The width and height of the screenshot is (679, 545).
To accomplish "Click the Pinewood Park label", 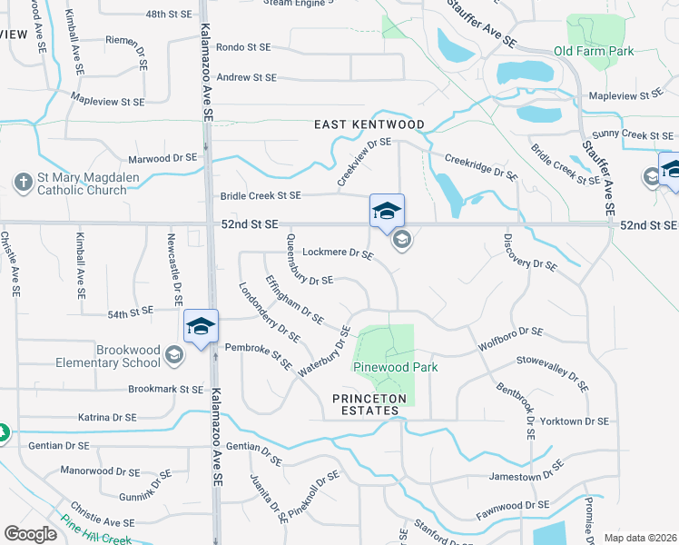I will pyautogui.click(x=396, y=367).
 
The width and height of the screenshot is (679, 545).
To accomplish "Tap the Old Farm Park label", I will pyautogui.click(x=594, y=52).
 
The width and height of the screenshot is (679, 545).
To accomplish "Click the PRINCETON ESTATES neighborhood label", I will pyautogui.click(x=366, y=404).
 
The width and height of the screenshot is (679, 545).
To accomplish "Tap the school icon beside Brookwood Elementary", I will pyautogui.click(x=173, y=356).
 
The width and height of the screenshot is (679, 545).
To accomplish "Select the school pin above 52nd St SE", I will pyautogui.click(x=387, y=213).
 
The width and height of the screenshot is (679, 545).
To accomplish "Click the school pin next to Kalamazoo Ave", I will pyautogui.click(x=201, y=328).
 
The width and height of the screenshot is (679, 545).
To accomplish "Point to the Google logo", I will pyautogui.click(x=31, y=534).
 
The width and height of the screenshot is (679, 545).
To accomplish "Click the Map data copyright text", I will pyautogui.click(x=639, y=537).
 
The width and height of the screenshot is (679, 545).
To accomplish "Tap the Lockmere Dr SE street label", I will pyautogui.click(x=337, y=253).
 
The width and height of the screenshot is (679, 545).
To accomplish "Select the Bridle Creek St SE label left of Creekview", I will pyautogui.click(x=260, y=195).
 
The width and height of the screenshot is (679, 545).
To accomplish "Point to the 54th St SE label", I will pyautogui.click(x=131, y=313).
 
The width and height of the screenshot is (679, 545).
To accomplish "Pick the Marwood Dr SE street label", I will pyautogui.click(x=162, y=158).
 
